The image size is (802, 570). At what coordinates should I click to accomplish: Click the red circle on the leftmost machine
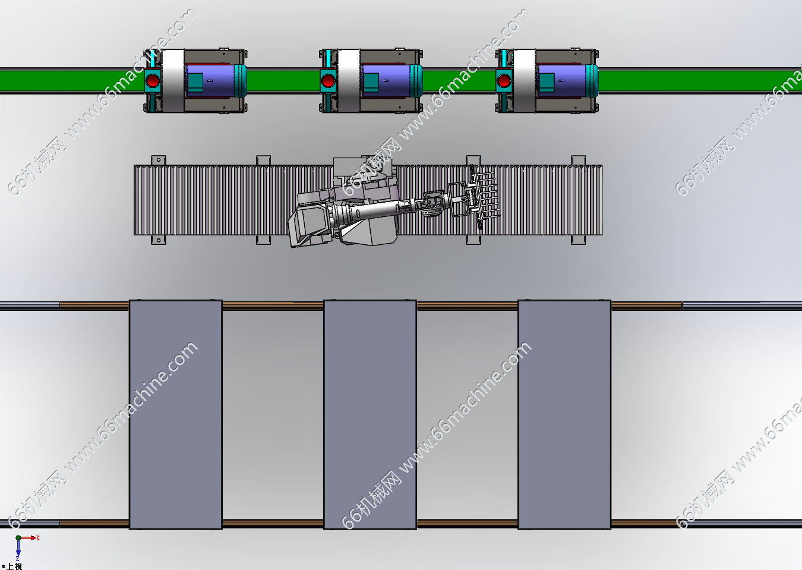point(152,80)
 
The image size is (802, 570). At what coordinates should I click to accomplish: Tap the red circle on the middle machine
point(328,80)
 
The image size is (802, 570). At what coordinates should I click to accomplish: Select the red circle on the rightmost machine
point(504,80)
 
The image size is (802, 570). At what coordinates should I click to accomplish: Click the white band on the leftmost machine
point(173,80)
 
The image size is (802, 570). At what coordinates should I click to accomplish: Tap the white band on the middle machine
point(349,80)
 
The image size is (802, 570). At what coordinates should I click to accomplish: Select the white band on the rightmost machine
point(525,80)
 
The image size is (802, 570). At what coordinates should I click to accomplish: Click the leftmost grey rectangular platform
point(175,414)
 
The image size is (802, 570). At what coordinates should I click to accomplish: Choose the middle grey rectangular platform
point(370,414)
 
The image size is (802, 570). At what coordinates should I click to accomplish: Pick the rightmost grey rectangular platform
point(564,414)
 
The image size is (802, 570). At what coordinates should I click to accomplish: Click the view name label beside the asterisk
point(14,566)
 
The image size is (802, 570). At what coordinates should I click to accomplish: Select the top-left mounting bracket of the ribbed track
point(158,160)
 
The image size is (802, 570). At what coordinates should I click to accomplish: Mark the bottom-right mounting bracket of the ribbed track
point(578,240)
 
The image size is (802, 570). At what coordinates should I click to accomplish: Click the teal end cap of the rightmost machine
point(592,80)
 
